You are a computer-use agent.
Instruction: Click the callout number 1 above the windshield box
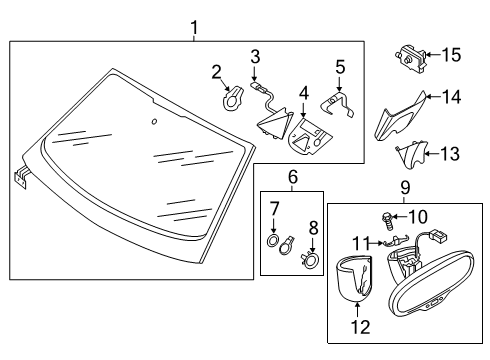point(194,28)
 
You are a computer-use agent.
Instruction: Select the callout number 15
point(452,55)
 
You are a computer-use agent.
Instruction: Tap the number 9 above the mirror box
point(405,188)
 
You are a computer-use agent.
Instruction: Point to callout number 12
point(360,327)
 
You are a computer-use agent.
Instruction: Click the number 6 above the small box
point(292,177)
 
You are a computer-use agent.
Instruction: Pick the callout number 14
point(452,97)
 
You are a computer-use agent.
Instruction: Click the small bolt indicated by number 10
point(387,220)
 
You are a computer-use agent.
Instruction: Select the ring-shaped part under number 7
point(273,240)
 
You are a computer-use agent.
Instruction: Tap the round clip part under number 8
point(311,260)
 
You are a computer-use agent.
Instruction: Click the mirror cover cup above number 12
point(354,278)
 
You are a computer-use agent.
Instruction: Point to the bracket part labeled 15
point(411,59)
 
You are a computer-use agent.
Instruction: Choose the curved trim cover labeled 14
point(400,117)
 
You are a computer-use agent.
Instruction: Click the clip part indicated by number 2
point(231,98)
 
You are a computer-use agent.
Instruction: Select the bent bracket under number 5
point(337,104)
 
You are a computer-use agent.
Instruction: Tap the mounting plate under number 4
point(310,137)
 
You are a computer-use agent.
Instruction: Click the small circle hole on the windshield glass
point(154,122)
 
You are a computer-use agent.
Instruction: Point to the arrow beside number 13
point(432,154)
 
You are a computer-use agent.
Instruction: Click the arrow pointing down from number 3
point(254,73)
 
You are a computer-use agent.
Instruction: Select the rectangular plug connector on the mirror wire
point(439,236)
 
